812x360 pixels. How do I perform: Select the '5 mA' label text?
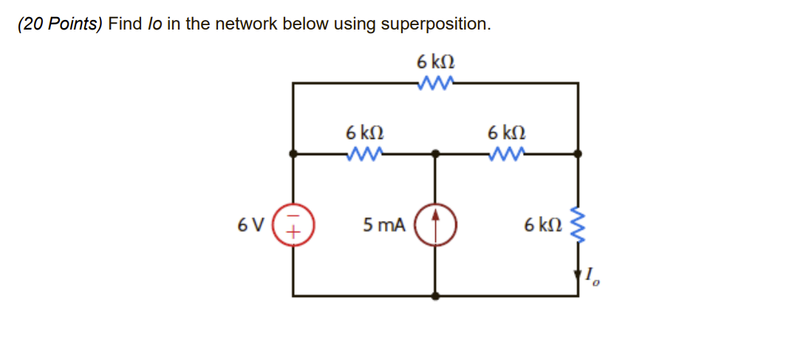click(384, 225)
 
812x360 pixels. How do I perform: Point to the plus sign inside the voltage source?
click(293, 231)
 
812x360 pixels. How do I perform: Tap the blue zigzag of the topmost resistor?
click(435, 83)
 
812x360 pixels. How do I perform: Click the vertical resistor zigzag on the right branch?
click(578, 225)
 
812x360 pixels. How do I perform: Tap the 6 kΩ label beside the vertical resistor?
click(542, 225)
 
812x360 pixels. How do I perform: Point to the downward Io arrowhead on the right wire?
click(578, 276)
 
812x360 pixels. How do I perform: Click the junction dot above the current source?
click(435, 154)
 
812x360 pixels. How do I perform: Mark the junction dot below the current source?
click(435, 296)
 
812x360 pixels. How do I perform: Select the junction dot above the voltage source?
click(293, 154)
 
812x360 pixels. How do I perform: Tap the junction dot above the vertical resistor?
click(578, 154)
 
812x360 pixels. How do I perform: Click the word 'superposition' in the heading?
click(432, 24)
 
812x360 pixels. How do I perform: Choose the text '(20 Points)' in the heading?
click(61, 24)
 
